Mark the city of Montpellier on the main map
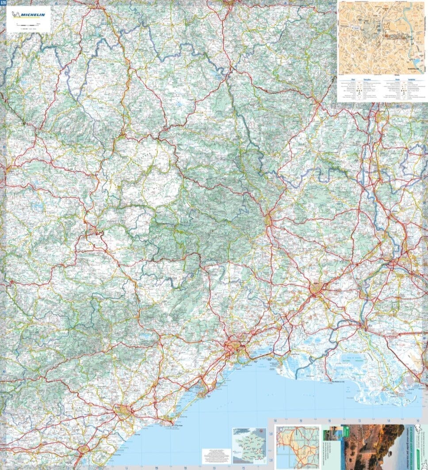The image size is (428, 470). tap(233, 347)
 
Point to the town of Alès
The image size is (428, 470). tap(268, 218)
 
